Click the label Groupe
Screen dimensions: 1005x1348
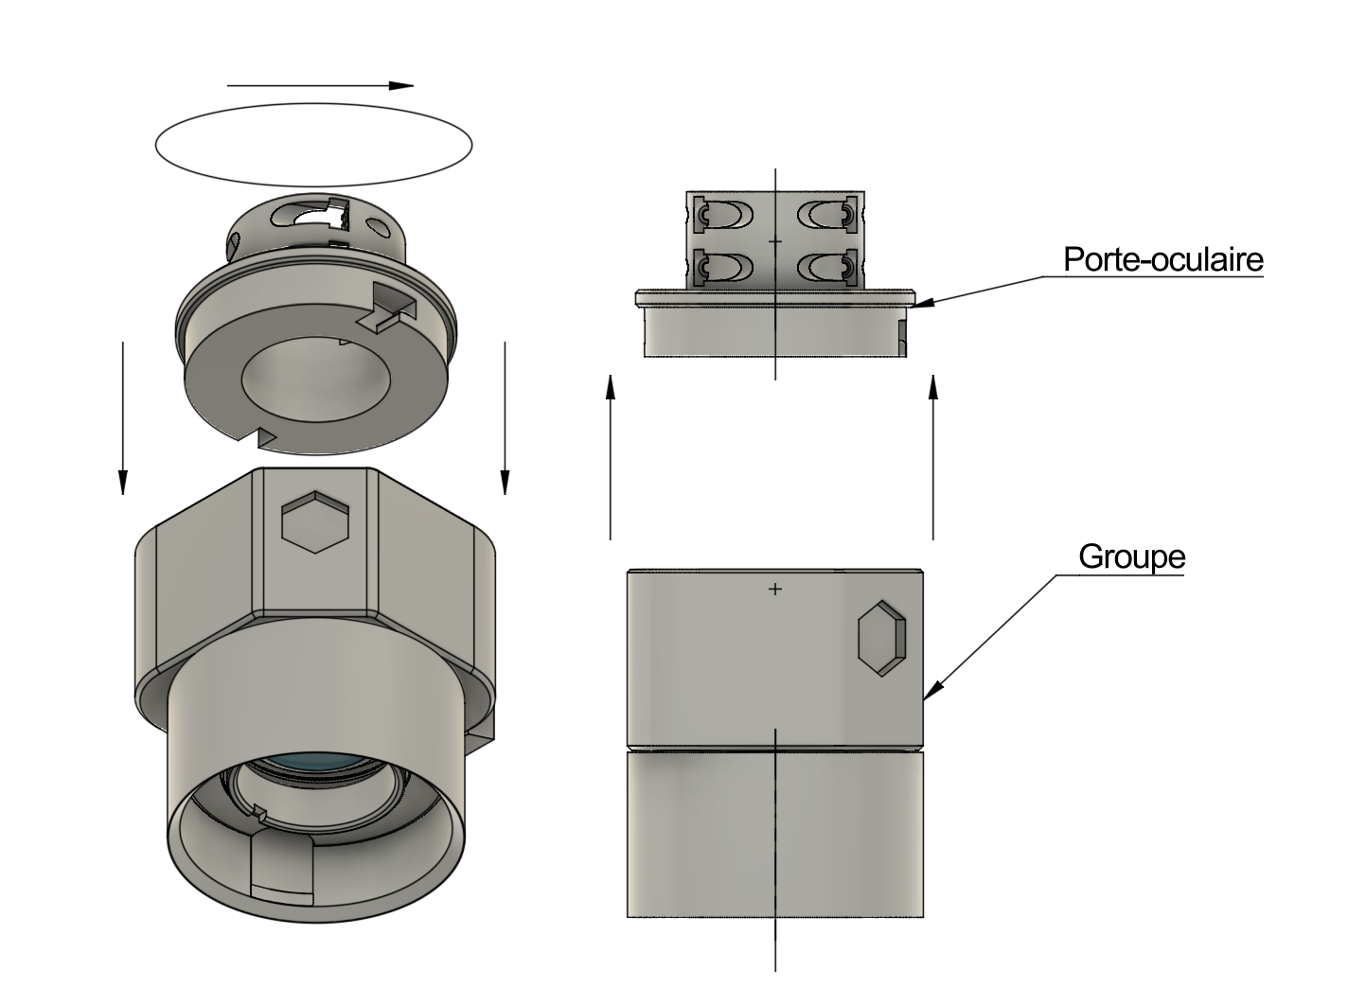tap(1131, 556)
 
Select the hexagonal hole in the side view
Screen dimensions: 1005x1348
tap(881, 637)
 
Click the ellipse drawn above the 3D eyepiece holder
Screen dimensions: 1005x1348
tap(313, 144)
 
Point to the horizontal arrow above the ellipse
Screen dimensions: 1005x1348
tap(320, 85)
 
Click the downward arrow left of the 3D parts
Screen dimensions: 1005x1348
tap(122, 416)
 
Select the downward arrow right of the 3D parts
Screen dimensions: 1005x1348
tap(505, 416)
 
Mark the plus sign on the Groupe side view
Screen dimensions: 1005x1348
tap(775, 590)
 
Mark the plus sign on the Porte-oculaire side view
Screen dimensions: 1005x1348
tap(775, 242)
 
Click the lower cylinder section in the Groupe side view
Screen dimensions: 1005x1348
tap(775, 833)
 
